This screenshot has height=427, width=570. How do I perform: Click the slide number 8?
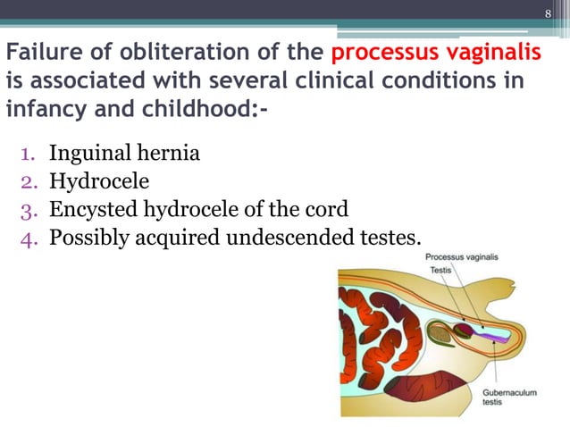pos(549,13)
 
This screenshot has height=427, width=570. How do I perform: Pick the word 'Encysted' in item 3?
pos(90,209)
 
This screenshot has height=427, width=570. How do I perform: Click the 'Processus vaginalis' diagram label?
pos(461,256)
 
